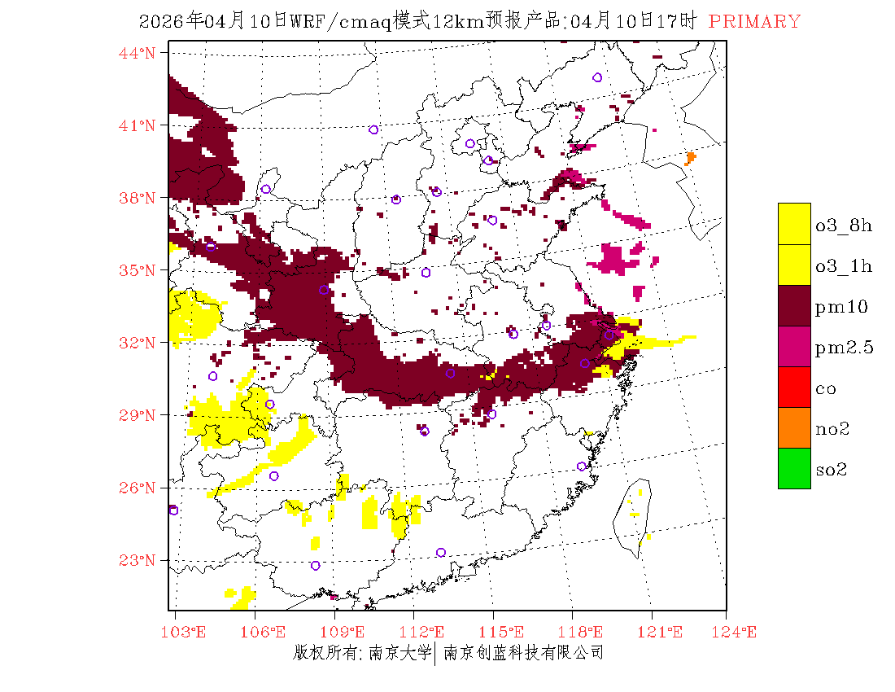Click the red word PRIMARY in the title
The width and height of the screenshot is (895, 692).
754,22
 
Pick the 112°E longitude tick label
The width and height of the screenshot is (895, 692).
426,633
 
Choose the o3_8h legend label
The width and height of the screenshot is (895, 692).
844,226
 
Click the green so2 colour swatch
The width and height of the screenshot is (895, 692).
794,468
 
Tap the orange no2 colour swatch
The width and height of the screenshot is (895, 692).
794,427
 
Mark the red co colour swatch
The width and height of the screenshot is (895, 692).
794,387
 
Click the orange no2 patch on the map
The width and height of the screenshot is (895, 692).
691,157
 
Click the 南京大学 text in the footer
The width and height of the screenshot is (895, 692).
398,653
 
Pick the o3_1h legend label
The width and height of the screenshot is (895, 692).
844,266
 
